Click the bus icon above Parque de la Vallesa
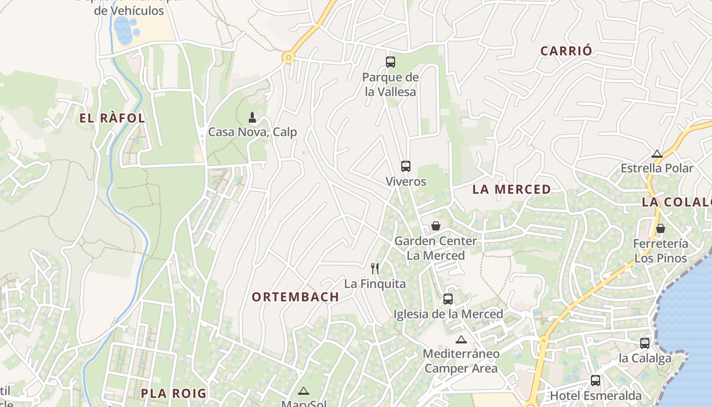pos(390,62)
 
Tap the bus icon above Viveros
pos(405,166)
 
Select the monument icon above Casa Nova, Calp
pos(251,118)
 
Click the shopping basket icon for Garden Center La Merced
pos(435,226)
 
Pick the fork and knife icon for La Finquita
pos(375,268)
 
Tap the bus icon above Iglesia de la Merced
pos(448,299)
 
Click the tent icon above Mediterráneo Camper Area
pos(461,339)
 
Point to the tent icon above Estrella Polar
pos(657,154)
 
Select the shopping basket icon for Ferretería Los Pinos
pos(660,228)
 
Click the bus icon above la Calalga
pos(644,343)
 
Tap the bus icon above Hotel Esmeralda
pos(595,380)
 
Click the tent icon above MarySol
pos(304,391)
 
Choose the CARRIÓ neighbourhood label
pos(566,51)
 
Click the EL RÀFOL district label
pos(112,118)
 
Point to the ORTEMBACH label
pos(295,297)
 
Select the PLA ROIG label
pos(173,393)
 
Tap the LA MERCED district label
pos(511,189)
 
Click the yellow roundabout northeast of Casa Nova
pos(288,57)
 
